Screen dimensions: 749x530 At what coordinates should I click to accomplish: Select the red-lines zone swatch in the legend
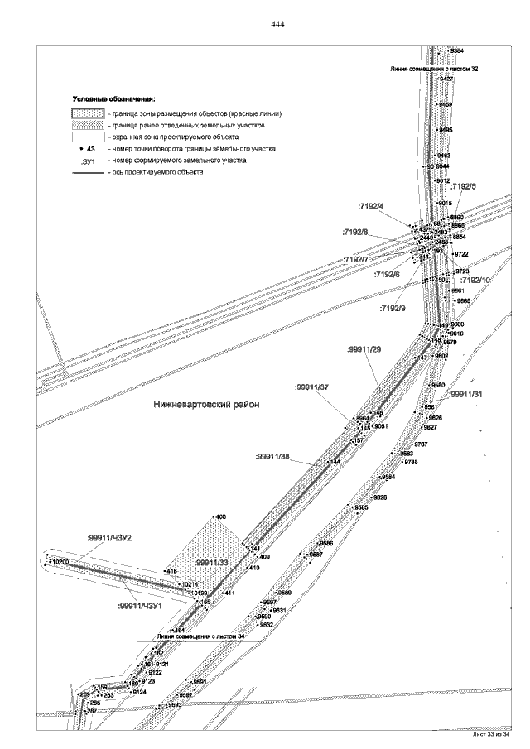pyautogui.click(x=87, y=113)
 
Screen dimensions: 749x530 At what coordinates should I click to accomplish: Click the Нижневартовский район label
pyautogui.click(x=206, y=405)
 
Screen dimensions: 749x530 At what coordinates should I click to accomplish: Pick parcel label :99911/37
pyautogui.click(x=312, y=387)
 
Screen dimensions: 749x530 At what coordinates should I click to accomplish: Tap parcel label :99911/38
pyautogui.click(x=273, y=455)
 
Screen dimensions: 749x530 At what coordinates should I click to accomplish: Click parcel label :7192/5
pyautogui.click(x=464, y=187)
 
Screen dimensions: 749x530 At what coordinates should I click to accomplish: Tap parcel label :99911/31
pyautogui.click(x=465, y=394)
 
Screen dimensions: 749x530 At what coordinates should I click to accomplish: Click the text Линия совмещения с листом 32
pyautogui.click(x=436, y=70)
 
